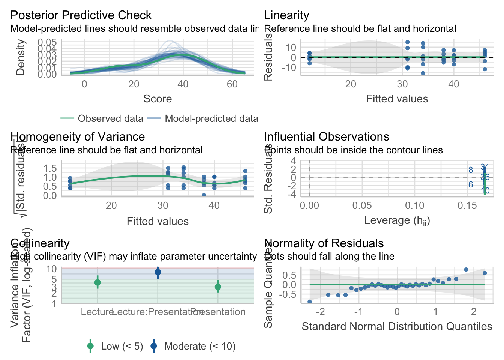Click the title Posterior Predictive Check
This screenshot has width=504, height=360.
point(81,15)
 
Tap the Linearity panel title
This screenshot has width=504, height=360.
point(286,15)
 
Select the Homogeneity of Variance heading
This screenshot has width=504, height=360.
point(78,137)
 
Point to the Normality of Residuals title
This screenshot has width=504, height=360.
point(324,243)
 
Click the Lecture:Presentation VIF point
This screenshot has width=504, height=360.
point(158,272)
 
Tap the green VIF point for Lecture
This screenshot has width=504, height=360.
point(97,282)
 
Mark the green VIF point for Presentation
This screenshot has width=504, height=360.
point(218,287)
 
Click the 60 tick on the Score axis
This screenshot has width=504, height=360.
point(232,84)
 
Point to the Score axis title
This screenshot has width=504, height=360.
point(157,99)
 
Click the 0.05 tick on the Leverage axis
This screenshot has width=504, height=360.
point(362,205)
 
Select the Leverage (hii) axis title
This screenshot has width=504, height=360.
point(397,220)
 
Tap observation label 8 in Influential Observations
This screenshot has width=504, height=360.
point(471,170)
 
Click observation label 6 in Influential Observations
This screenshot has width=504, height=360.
point(471,185)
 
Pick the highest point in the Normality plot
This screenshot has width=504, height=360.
point(466,270)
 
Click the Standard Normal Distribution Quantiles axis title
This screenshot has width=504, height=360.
point(397,327)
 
